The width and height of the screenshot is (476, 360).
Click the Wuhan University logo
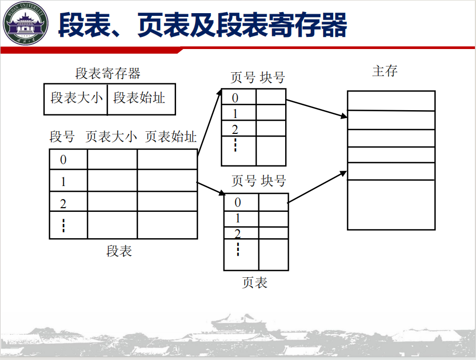tap(25, 23)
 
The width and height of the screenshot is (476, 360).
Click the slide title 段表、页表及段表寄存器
tap(202, 25)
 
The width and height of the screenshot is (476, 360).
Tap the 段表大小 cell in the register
tap(76, 98)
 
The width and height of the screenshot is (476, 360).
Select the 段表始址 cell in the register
tap(139, 98)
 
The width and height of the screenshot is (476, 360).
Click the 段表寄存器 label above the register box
tap(108, 73)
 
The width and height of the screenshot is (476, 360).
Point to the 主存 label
tap(385, 71)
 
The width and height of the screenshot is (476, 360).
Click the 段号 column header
tap(62, 137)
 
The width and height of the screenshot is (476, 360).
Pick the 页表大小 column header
tap(111, 137)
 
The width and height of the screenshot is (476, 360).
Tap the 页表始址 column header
tap(171, 137)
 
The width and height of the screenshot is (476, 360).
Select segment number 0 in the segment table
tap(63, 160)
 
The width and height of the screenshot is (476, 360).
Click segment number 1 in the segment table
tap(63, 181)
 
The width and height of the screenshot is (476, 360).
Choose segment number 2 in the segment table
tap(63, 203)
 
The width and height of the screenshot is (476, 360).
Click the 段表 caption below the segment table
tap(119, 251)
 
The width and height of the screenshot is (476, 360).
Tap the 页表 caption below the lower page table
tap(255, 283)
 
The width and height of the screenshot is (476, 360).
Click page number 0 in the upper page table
tap(235, 98)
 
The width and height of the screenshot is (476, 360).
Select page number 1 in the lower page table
tap(238, 218)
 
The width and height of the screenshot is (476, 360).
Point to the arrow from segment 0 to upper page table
tap(209, 123)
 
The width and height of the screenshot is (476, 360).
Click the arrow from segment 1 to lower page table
tap(211, 189)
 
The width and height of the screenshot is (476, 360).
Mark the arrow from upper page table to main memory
tap(317, 109)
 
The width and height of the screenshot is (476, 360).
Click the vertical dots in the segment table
tap(63, 225)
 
